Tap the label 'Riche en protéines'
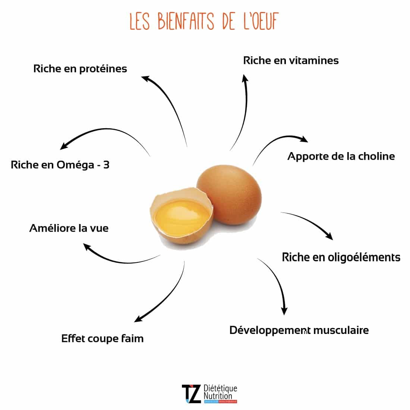[x=80, y=69]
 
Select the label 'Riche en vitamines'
[x=291, y=60]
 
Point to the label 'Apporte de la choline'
[x=341, y=156]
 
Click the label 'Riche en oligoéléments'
[x=341, y=257]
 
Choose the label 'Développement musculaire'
[x=299, y=330]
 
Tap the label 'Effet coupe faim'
[x=102, y=338]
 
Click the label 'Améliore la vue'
[x=69, y=228]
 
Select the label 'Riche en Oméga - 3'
[x=60, y=165]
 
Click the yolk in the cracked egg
[x=182, y=217]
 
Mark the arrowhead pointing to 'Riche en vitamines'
[x=245, y=78]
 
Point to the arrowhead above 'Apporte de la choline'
[x=303, y=139]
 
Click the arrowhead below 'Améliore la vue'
[x=87, y=246]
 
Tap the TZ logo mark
[x=191, y=394]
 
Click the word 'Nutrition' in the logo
[x=218, y=396]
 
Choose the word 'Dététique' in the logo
[x=221, y=388]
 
